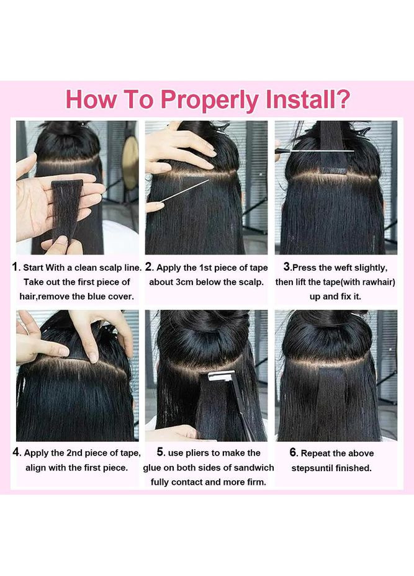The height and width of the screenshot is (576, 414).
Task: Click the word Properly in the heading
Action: click(210, 101)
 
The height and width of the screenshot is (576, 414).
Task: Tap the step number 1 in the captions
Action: click(15, 267)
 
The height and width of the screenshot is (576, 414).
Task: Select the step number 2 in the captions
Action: click(148, 267)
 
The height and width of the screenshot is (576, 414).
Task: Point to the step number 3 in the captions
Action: click(287, 267)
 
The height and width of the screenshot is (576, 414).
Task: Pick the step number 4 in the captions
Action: click(16, 452)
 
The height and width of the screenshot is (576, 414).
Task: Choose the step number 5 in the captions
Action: click(160, 452)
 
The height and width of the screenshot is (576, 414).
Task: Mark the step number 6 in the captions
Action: click(293, 452)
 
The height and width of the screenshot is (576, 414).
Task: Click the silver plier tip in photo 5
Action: click(218, 376)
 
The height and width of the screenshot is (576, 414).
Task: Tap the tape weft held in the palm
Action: click(66, 210)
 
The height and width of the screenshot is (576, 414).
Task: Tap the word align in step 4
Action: click(35, 468)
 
